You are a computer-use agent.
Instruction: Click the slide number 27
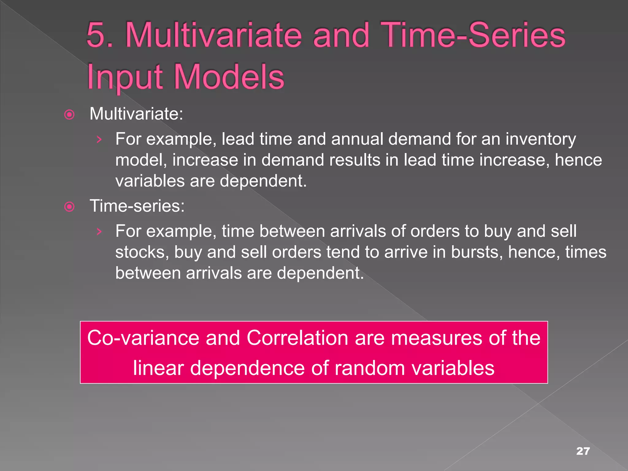[x=583, y=451]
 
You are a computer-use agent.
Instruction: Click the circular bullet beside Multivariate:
[x=69, y=115]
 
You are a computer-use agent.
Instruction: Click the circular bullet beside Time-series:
[x=69, y=207]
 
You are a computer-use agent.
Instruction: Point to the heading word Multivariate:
[x=136, y=114]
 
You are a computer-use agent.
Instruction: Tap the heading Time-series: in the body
[x=137, y=206]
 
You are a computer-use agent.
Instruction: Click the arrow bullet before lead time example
[x=99, y=140]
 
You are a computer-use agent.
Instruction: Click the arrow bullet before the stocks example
[x=99, y=232]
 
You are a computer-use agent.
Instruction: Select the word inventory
[x=541, y=140]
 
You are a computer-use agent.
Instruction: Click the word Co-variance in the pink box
[x=143, y=338]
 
